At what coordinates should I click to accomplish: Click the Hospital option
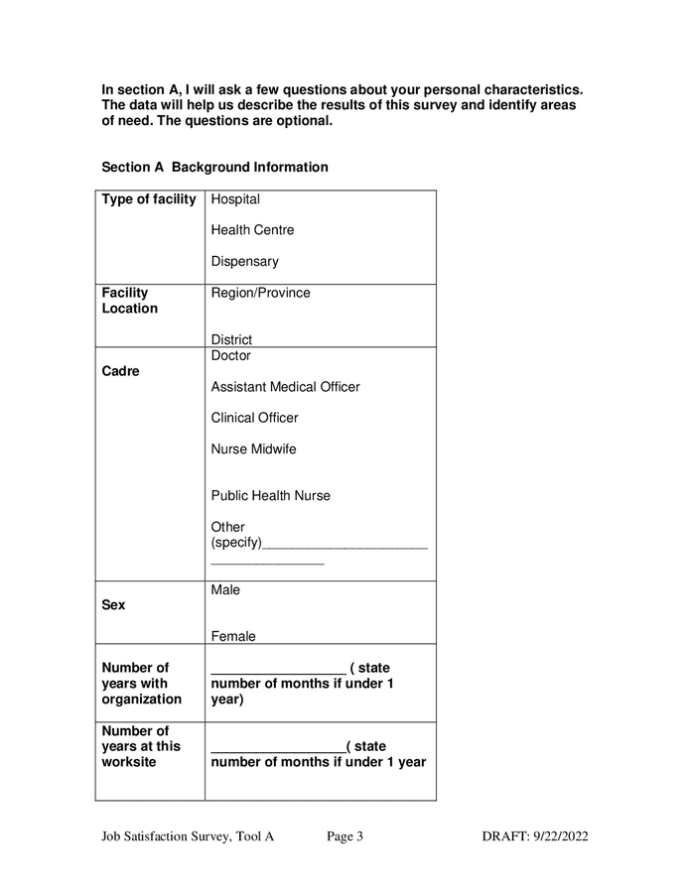235,199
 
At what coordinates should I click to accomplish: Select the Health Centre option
252,230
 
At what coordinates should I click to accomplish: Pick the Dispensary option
244,262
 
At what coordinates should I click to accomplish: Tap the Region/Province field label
260,293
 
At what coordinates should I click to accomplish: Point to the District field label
231,339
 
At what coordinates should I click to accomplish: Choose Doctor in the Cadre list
230,355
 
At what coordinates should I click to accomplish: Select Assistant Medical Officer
285,387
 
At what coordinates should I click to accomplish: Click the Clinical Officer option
254,418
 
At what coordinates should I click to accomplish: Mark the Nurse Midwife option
253,449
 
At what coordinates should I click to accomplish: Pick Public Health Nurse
270,496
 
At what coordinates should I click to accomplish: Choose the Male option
225,590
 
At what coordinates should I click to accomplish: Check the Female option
232,637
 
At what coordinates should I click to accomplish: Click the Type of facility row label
149,199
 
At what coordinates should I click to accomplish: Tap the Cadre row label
120,372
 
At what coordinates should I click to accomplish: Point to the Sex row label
113,604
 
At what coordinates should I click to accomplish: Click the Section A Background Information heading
214,167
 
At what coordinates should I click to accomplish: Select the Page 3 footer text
345,836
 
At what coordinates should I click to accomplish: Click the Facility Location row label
129,301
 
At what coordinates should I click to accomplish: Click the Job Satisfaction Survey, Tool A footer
188,836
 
